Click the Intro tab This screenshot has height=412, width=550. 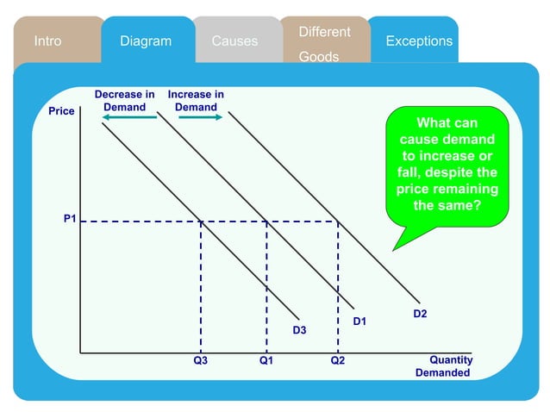pos(47,41)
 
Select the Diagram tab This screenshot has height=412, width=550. pos(146,41)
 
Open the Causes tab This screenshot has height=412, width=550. pos(234,41)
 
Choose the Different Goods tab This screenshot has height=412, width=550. pos(324,43)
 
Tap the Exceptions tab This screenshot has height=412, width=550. pos(419,41)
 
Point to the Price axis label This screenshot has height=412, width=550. pos(62,111)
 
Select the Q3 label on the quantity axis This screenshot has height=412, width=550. pos(200,360)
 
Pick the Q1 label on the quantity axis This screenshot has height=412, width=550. pos(266,360)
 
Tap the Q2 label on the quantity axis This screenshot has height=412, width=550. pos(337,360)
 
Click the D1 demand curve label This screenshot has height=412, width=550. pos(360,321)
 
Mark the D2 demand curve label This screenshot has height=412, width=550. pos(420,314)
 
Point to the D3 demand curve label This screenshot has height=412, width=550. pos(299,330)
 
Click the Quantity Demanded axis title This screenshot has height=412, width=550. pos(443,366)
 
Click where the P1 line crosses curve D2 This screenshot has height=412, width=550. pos(337,222)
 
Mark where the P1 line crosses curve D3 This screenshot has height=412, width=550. pos(201,222)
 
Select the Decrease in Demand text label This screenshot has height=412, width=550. pos(125,100)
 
